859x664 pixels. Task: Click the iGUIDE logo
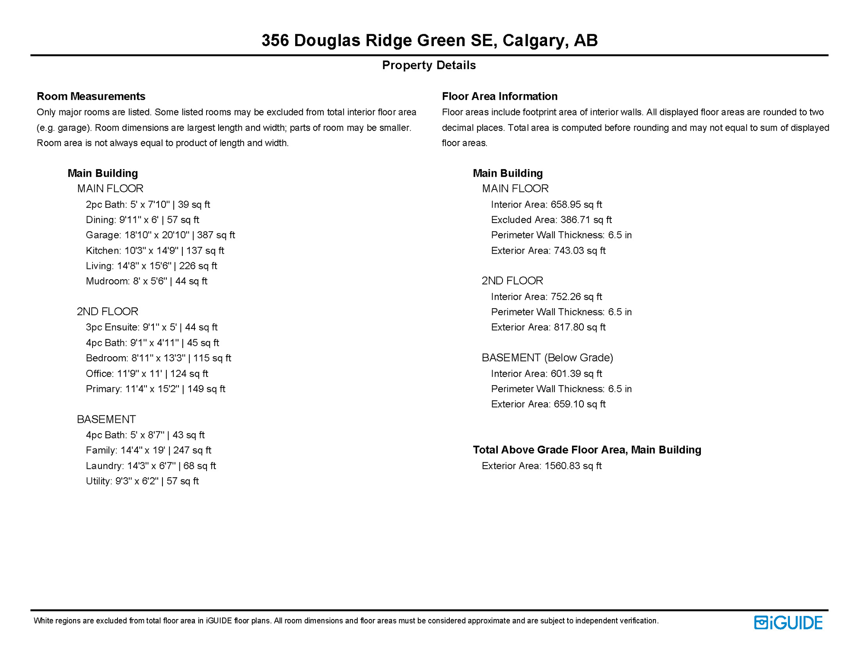pos(788,622)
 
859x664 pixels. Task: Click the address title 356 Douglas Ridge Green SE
pos(429,40)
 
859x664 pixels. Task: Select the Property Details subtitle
pos(429,65)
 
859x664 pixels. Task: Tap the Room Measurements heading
pos(91,96)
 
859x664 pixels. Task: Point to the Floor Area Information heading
pos(499,96)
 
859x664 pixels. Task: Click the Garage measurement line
pos(160,235)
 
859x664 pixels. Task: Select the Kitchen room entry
pos(155,251)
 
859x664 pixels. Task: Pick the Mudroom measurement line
pos(146,281)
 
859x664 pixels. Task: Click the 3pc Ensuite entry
pos(151,327)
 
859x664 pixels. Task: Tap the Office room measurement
pos(146,373)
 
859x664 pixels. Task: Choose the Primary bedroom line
pos(155,389)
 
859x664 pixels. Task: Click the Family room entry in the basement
pos(148,450)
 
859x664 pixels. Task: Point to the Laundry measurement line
pos(150,466)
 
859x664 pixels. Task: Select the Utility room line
pos(142,481)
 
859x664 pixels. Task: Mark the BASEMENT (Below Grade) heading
pos(547,358)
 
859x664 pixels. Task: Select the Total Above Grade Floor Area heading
pos(586,450)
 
